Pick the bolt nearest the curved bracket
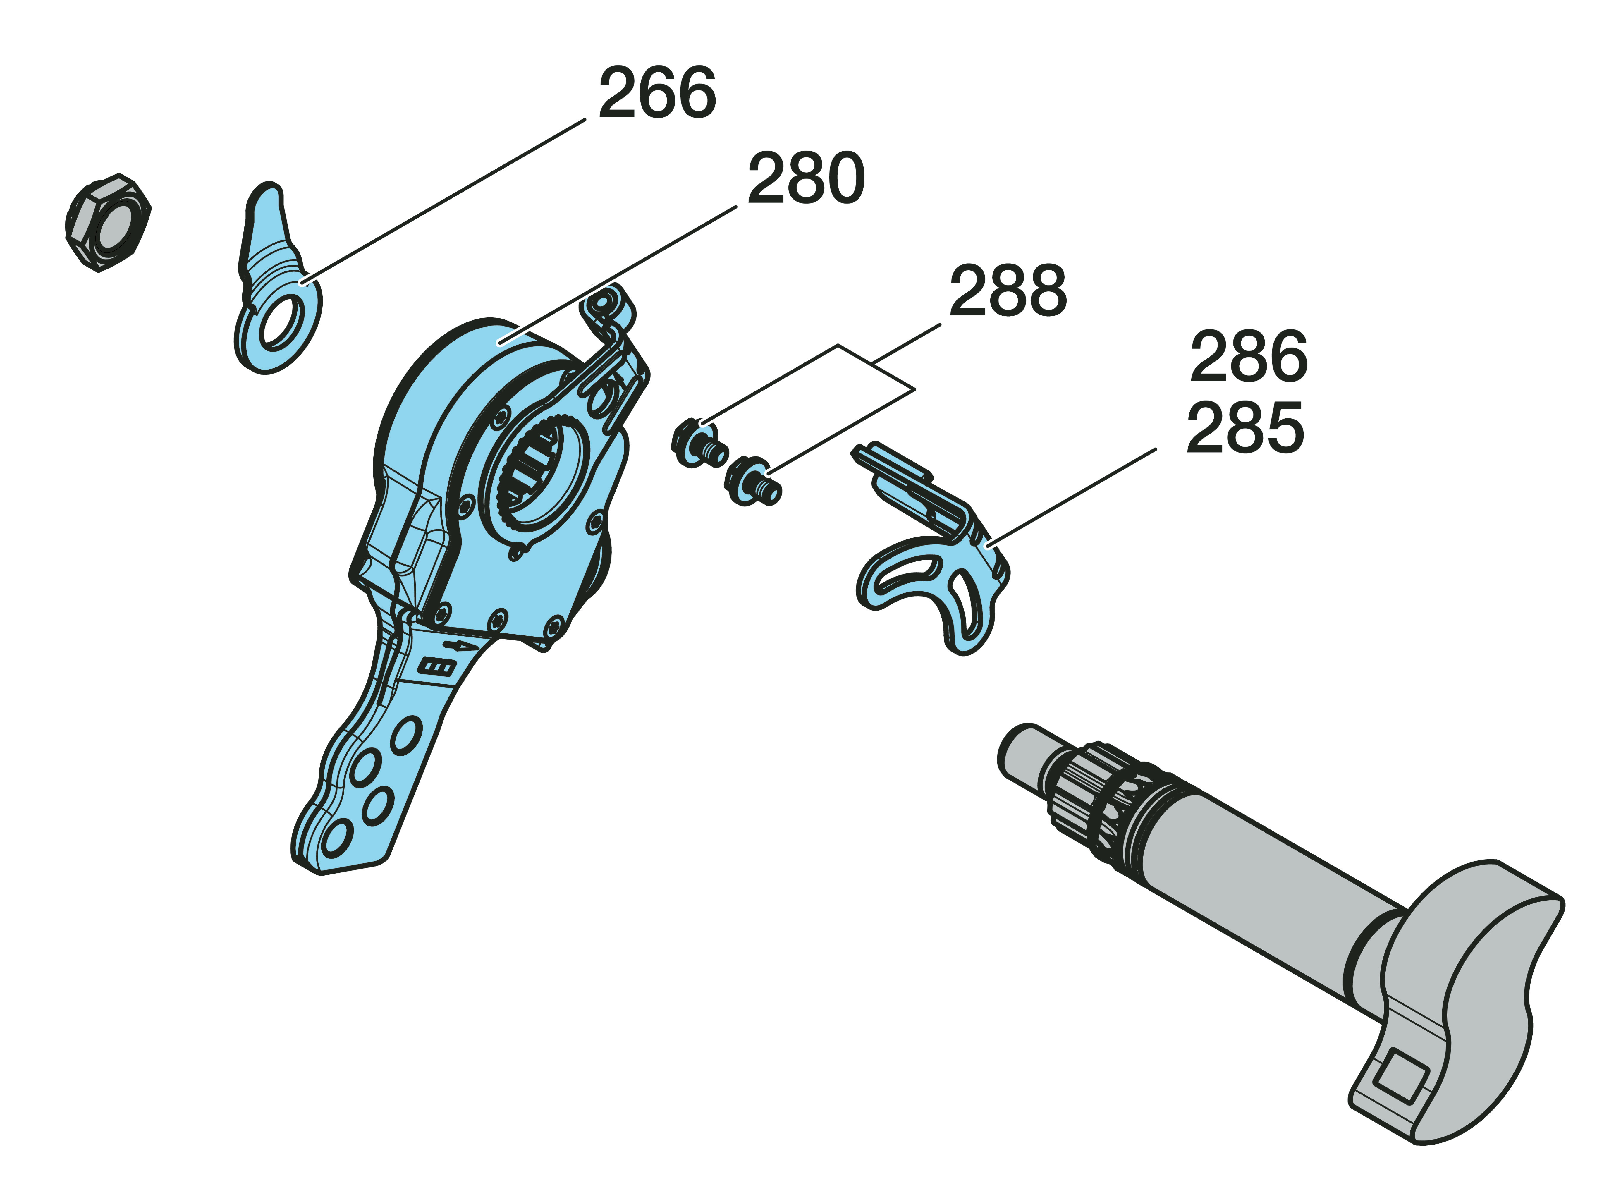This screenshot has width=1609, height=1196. pos(753,482)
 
